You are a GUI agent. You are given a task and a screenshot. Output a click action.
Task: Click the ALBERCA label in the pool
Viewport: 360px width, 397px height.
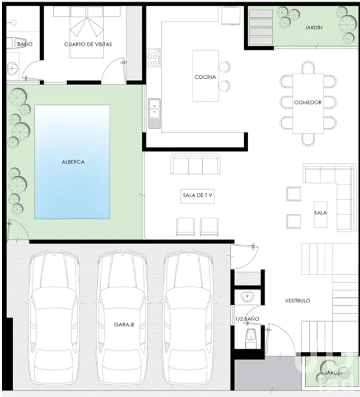point(73,162)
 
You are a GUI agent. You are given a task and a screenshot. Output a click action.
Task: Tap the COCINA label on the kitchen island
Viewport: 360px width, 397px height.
point(205,77)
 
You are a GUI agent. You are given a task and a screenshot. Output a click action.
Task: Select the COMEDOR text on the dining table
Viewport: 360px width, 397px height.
point(308,102)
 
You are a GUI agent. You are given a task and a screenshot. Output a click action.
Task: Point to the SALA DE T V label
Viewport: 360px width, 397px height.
point(197,195)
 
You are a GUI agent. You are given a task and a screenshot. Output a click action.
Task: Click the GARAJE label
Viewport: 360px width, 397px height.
point(124,324)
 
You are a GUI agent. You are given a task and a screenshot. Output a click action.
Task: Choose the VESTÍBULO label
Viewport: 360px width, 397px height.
point(297,301)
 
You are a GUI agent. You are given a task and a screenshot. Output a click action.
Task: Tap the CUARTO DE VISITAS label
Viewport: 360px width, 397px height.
point(88,44)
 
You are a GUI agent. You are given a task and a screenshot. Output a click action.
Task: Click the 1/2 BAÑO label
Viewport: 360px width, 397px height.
point(247,319)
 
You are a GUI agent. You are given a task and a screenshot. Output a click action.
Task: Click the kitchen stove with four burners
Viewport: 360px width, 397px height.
point(154,58)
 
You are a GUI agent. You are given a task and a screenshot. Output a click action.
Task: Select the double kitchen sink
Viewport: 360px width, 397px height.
point(154,113)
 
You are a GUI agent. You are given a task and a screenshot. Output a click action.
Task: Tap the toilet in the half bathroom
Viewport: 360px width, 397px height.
point(251,338)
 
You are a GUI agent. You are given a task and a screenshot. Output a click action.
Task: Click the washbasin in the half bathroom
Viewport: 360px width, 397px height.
point(247,297)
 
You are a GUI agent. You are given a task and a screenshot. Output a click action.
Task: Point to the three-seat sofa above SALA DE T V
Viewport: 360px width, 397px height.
point(195,164)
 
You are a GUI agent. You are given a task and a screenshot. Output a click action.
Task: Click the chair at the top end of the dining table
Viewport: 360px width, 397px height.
point(308,68)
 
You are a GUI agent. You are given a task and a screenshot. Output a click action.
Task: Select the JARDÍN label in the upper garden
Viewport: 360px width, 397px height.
point(314,28)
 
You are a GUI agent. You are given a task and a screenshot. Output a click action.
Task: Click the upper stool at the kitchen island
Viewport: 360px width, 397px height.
point(224,67)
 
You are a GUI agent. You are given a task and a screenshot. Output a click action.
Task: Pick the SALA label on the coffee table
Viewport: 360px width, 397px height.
point(320,213)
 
